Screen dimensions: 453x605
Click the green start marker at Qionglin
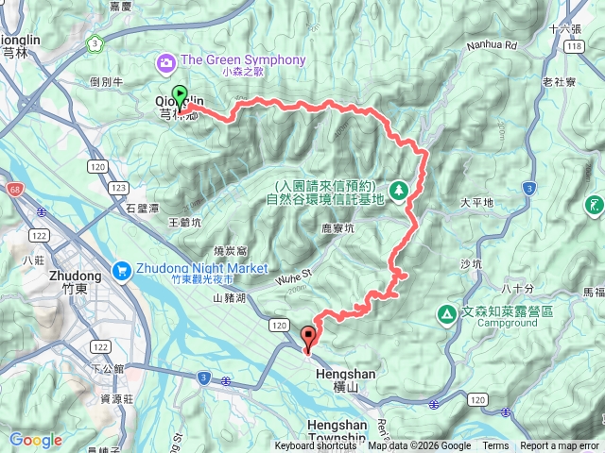click(x=181, y=95)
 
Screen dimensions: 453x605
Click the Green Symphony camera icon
click(x=166, y=60)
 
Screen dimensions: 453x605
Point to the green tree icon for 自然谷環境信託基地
click(x=399, y=191)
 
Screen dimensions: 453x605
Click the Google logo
click(x=35, y=440)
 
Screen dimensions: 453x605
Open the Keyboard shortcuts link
click(x=316, y=446)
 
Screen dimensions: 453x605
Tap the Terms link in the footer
click(x=495, y=446)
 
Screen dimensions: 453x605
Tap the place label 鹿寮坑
click(x=337, y=228)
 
